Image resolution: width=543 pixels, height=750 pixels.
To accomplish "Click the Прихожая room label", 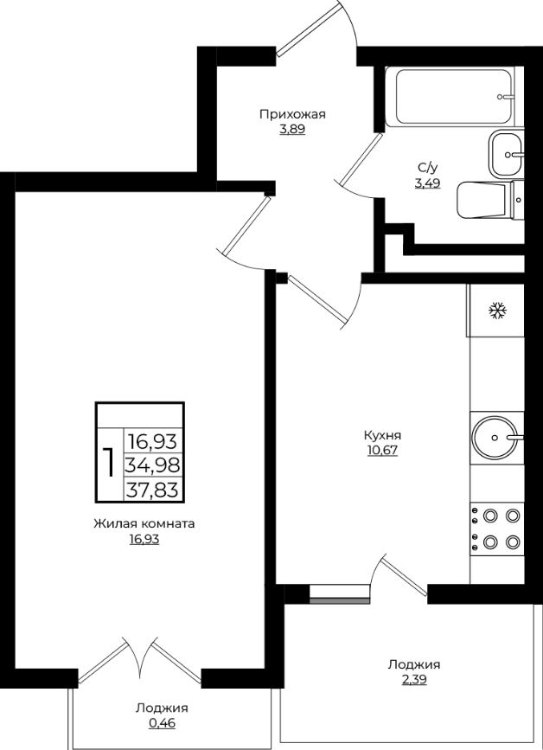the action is [292, 114].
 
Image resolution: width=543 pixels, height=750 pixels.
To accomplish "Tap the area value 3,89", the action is [292, 129].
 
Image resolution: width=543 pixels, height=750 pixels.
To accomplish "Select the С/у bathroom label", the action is [428, 168].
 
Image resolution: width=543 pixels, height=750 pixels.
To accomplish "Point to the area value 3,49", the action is [428, 183].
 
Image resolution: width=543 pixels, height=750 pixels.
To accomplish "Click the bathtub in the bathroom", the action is [450, 97].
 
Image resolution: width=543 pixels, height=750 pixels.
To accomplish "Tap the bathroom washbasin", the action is [506, 154].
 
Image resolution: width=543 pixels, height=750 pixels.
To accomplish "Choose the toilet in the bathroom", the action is [490, 200].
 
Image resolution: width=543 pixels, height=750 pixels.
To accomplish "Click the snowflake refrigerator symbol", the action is [497, 311].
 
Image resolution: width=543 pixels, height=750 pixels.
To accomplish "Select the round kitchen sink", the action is [495, 437].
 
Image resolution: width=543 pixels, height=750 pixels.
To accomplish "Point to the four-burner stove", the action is [497, 529].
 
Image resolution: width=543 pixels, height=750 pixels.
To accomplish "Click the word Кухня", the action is [382, 436].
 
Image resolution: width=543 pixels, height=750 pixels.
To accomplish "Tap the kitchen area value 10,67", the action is [382, 451].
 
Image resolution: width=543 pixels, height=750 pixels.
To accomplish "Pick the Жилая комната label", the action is [144, 523].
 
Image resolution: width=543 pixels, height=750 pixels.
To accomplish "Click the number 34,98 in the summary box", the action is [152, 464].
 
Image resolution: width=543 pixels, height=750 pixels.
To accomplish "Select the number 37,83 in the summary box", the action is [152, 490].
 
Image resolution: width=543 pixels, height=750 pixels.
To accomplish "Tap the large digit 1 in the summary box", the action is [110, 463].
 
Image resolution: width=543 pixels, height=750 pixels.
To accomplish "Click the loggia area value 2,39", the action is [414, 680].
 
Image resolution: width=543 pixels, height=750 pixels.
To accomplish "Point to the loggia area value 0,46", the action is [162, 723].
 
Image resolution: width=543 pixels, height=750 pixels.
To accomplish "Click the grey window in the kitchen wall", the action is [339, 600].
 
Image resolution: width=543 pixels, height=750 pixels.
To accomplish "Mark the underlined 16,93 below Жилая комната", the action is [144, 540].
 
